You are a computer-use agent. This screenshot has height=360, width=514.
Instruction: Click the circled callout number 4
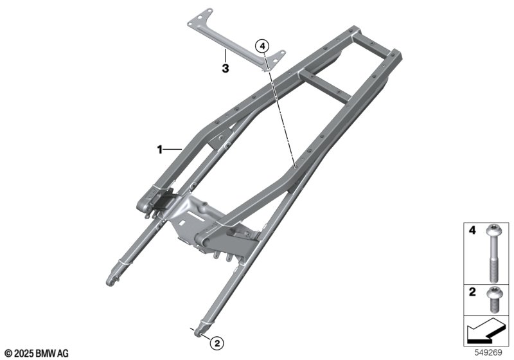pos(262,46)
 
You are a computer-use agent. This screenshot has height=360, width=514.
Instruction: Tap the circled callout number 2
pos(217,343)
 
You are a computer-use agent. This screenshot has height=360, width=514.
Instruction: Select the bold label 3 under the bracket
pos(226,69)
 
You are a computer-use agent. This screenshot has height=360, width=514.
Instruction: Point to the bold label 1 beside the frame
pos(159,150)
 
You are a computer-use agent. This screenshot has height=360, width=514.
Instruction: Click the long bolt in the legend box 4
pos(492,254)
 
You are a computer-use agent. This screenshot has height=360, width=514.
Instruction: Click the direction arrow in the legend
pos(485,331)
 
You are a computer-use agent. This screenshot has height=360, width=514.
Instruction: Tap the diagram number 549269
pos(488,353)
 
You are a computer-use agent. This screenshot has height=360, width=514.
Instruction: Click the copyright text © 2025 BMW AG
pos(37,354)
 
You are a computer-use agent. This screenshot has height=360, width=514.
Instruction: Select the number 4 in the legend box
pos(472,231)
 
